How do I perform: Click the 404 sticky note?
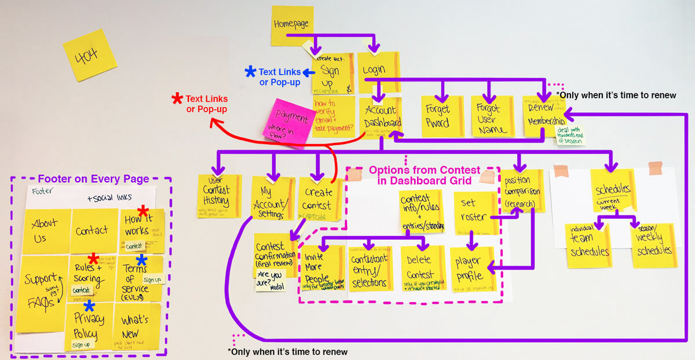[x=90, y=55]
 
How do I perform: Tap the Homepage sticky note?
[x=291, y=25]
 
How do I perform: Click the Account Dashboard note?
[x=381, y=116]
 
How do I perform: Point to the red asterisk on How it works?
[x=143, y=211]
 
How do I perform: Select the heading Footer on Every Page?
[x=93, y=179]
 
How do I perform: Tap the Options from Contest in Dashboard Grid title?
[x=424, y=175]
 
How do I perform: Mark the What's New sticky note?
[x=136, y=325]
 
